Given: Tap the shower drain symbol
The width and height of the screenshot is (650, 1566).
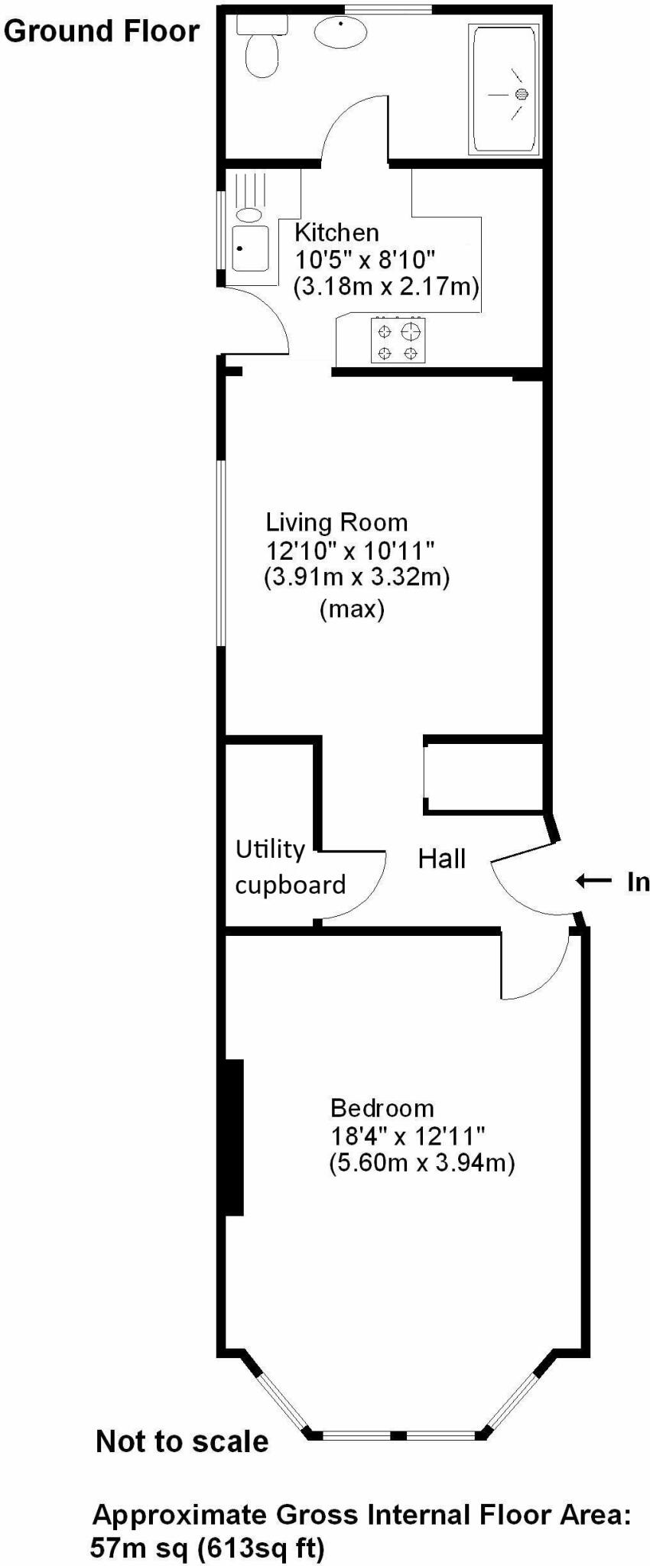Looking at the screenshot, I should tap(522, 95).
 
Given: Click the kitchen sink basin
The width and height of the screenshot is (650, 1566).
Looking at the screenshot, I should tap(250, 248).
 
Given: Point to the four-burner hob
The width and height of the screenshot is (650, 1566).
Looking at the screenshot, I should tap(398, 341).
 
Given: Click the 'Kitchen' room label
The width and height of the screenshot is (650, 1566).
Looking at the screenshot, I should tap(336, 232).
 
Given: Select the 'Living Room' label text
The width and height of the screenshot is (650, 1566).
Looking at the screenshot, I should tap(336, 522).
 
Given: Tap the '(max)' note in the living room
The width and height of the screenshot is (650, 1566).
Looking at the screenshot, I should tap(352, 609).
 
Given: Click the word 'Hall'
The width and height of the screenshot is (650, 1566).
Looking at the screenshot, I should tap(441, 859).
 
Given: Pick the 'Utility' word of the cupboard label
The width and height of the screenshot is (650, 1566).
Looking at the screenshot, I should tap(270, 850).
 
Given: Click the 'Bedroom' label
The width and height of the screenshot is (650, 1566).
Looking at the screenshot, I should tap(382, 1108).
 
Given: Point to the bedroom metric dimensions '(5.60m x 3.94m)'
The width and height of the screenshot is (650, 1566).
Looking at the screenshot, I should tap(421, 1163).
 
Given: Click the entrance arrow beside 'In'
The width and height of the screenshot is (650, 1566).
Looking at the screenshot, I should tap(593, 881).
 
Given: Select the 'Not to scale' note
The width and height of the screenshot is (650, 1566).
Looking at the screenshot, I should tap(182, 1441).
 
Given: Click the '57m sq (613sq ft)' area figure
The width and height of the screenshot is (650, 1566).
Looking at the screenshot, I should tap(207, 1548).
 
